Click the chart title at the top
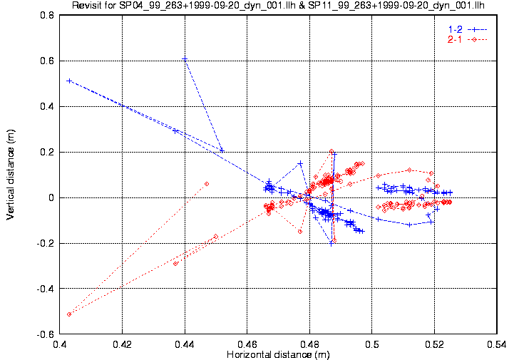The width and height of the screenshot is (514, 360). point(278,5)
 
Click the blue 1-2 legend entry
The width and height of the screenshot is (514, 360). point(468,29)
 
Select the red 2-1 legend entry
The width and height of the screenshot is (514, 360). point(468,40)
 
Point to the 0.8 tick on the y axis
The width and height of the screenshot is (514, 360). point(47,16)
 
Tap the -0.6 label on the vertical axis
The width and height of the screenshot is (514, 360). point(46,334)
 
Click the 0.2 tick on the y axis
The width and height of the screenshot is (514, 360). point(47,152)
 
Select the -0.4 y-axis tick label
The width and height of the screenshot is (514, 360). point(46,289)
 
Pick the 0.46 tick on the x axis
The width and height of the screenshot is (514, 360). point(247,344)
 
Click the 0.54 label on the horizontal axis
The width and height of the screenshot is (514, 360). point(497,344)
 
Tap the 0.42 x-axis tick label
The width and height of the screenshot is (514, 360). point(123,344)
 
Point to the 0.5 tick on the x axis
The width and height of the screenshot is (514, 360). point(372,344)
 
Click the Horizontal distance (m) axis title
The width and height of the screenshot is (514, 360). point(278,355)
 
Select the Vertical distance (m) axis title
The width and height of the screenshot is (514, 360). point(11,175)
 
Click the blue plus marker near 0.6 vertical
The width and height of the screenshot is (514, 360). point(185,59)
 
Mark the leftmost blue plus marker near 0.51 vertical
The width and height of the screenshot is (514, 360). point(69,81)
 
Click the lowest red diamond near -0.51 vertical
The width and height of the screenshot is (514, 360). point(69,314)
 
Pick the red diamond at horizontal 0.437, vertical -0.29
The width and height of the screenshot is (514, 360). point(175,264)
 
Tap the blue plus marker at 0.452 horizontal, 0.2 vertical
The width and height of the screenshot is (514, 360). point(222,150)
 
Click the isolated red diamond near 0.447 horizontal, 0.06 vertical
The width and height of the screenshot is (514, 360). point(207,184)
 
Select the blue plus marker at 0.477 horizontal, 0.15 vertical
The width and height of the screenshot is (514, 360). point(300,163)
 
